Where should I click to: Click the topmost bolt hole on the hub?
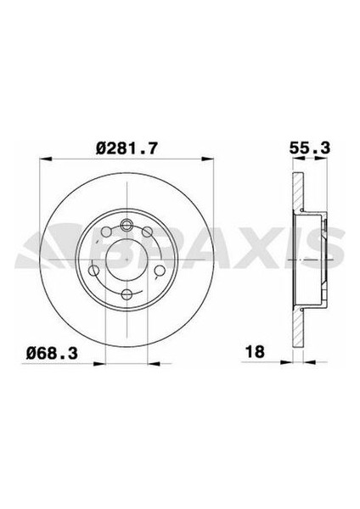(127, 225)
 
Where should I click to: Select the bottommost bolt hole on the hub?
(127, 294)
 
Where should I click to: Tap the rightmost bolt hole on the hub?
(160, 260)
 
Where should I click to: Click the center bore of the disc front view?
(127, 260)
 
